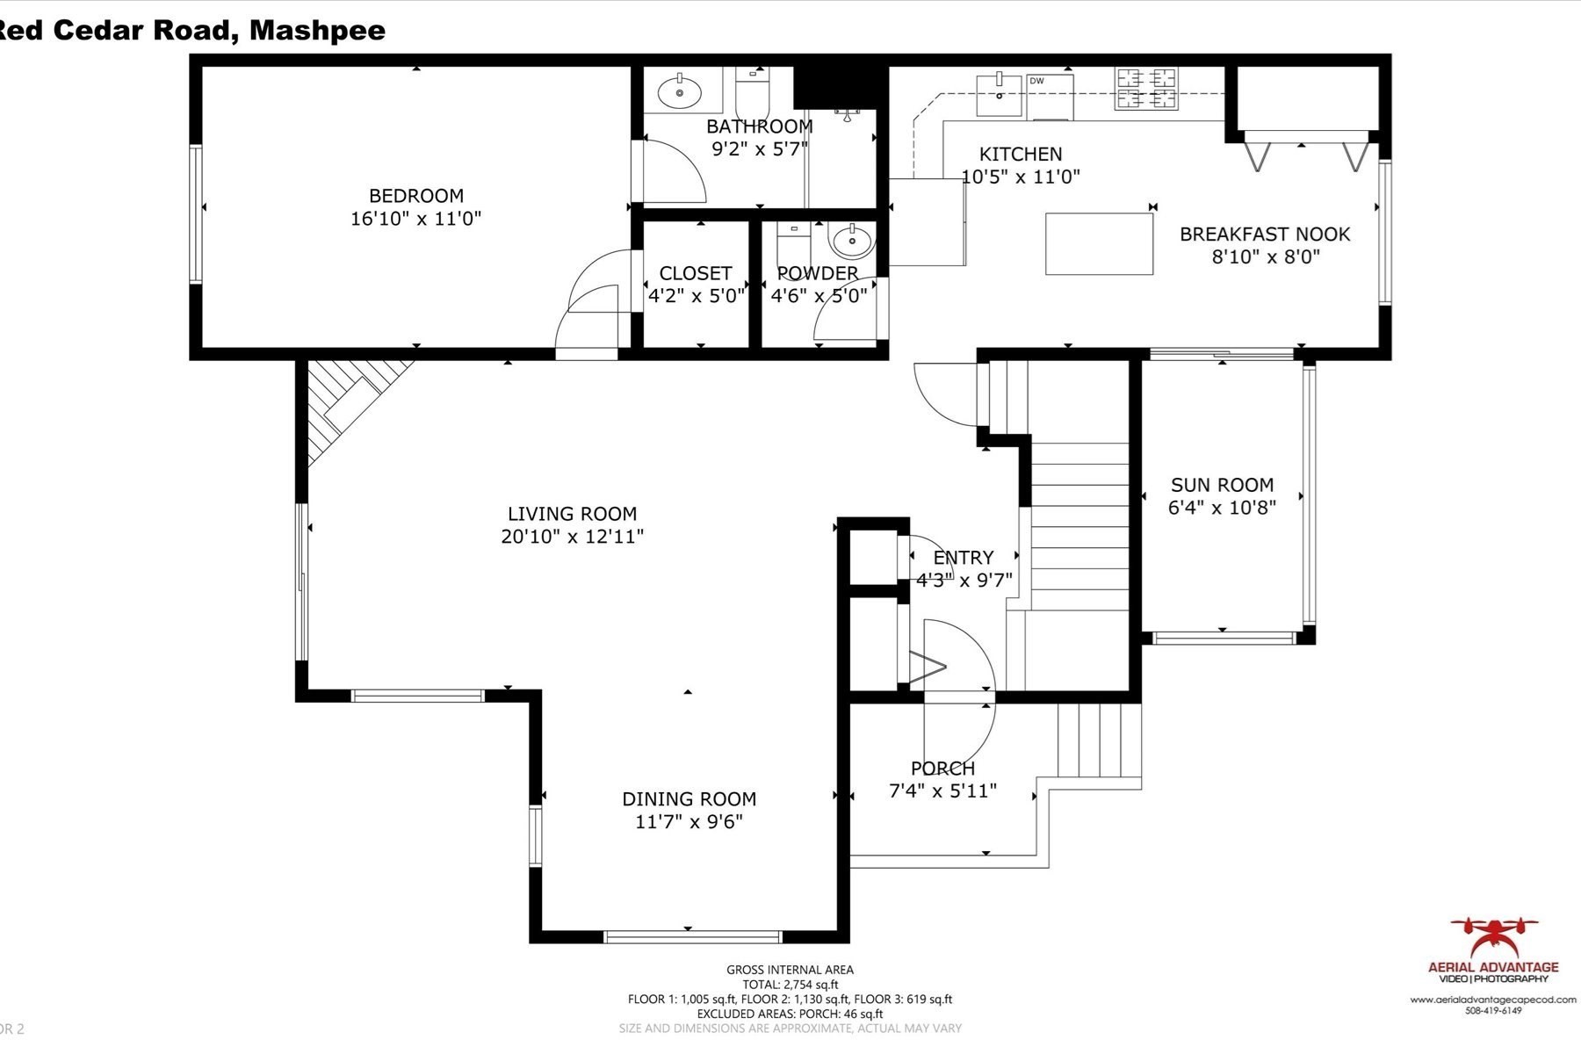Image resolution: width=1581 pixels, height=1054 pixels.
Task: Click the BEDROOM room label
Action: pyautogui.click(x=415, y=196)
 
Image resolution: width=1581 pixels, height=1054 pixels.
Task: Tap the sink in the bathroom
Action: pyautogui.click(x=679, y=91)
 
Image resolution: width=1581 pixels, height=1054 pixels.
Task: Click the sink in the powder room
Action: pyautogui.click(x=851, y=240)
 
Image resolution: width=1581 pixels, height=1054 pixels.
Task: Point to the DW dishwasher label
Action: pyautogui.click(x=1036, y=81)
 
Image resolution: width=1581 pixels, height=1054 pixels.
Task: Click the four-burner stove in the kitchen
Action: pyautogui.click(x=1146, y=89)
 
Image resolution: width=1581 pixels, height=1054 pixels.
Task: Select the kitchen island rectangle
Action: pyautogui.click(x=1099, y=243)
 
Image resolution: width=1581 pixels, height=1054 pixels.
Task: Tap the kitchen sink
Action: pyautogui.click(x=1000, y=95)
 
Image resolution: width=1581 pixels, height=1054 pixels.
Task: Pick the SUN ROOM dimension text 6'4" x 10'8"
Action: pyautogui.click(x=1222, y=508)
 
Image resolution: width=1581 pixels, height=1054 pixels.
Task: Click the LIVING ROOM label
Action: pyautogui.click(x=572, y=514)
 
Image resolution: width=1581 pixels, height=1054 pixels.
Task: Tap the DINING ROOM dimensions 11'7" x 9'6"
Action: pyautogui.click(x=689, y=822)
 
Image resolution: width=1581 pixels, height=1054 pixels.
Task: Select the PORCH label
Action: pyautogui.click(x=942, y=769)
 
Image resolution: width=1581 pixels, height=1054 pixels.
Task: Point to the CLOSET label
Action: pyautogui.click(x=695, y=273)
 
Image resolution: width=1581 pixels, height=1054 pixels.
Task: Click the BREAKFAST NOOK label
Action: pyautogui.click(x=1264, y=235)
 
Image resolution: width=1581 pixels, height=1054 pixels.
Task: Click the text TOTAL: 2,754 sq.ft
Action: pyautogui.click(x=790, y=985)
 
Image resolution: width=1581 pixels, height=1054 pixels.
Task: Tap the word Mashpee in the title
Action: pyautogui.click(x=317, y=30)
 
